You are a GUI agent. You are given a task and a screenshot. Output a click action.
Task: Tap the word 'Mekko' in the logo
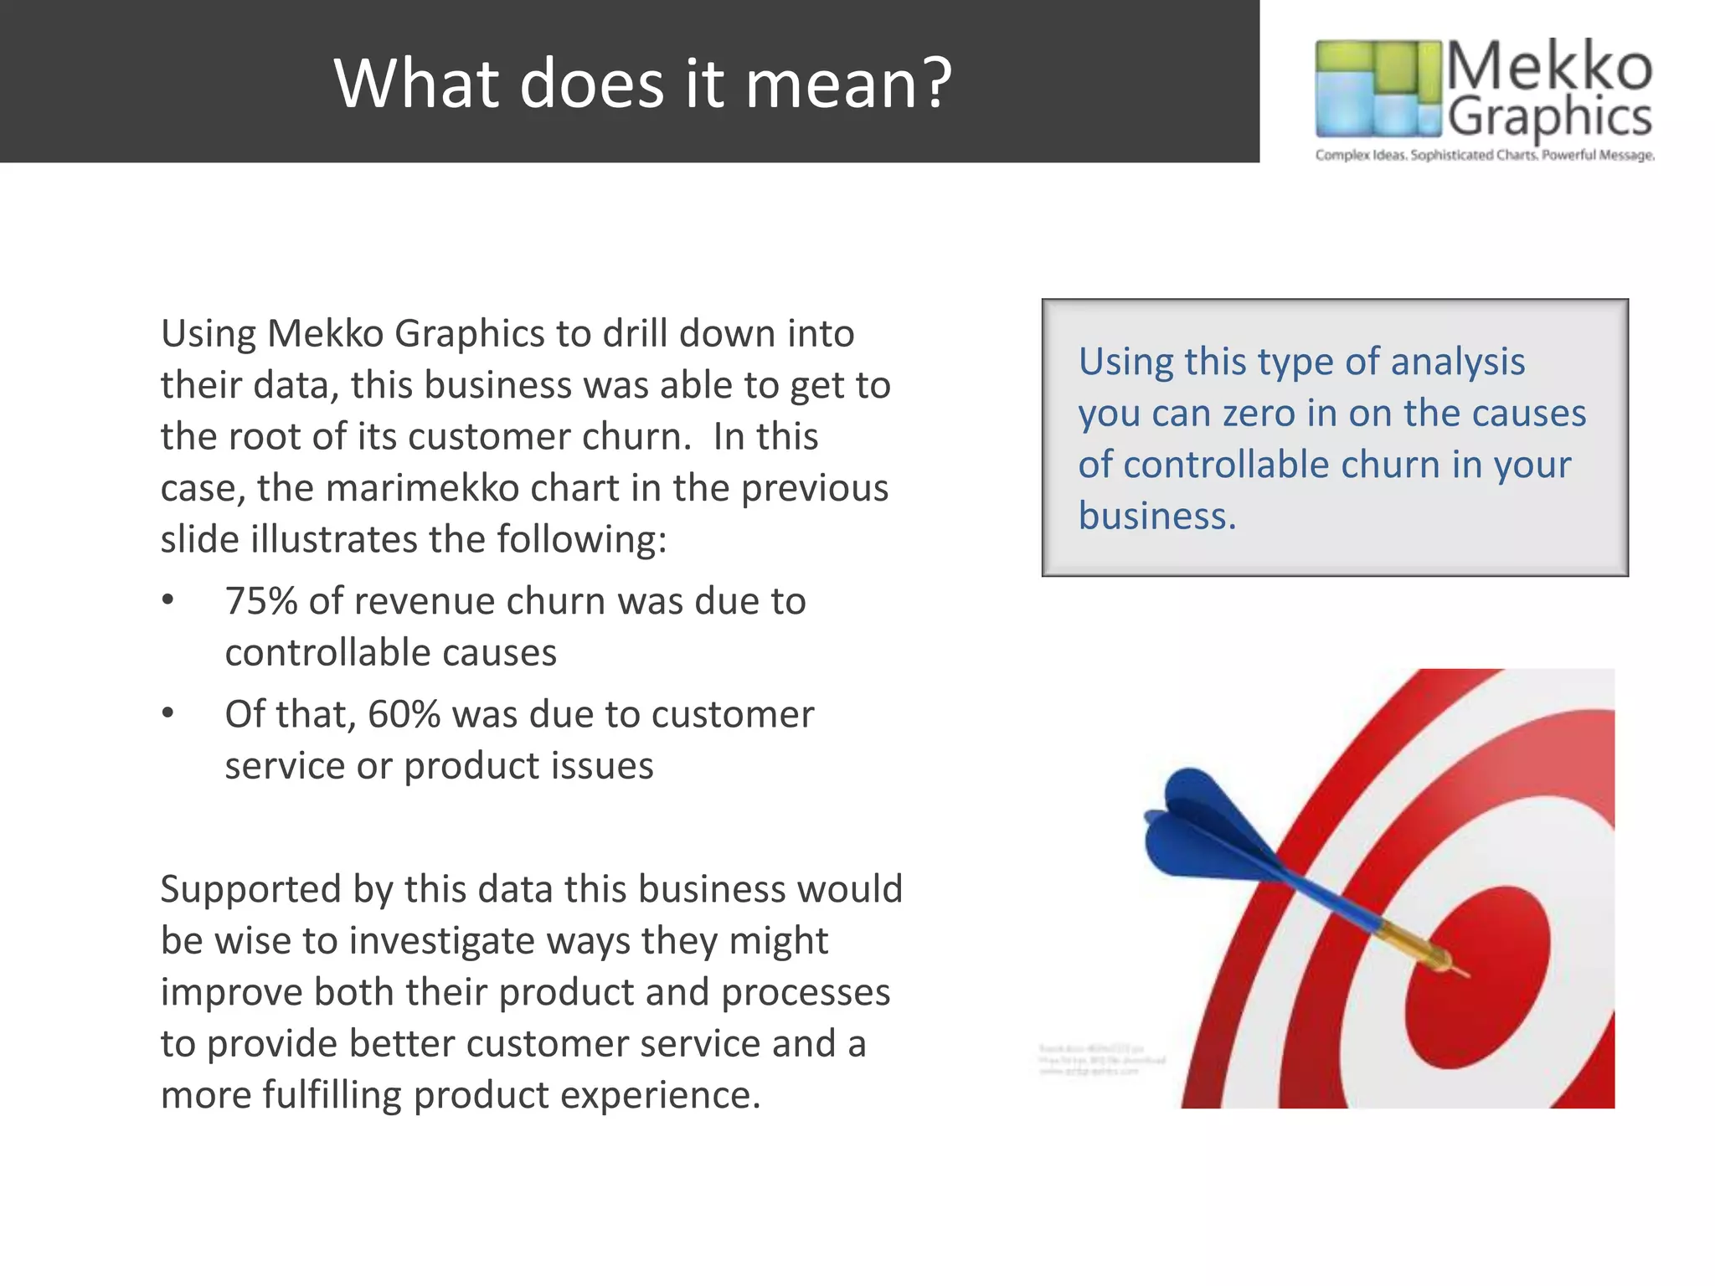point(1548,66)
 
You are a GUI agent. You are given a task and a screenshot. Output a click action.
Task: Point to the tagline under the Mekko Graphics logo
point(1484,155)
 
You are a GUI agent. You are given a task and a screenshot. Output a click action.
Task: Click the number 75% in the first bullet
point(260,601)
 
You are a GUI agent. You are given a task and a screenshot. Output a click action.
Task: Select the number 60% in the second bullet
point(404,714)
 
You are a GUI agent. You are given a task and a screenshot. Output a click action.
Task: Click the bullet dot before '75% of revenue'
point(168,600)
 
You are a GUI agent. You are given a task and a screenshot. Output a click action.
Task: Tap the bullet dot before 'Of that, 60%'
point(168,713)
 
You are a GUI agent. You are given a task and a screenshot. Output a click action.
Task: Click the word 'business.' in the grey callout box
point(1156,516)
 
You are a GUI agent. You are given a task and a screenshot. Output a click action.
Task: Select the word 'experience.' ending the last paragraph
point(660,1095)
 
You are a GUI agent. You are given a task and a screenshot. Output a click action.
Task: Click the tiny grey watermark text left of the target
point(1100,1060)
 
